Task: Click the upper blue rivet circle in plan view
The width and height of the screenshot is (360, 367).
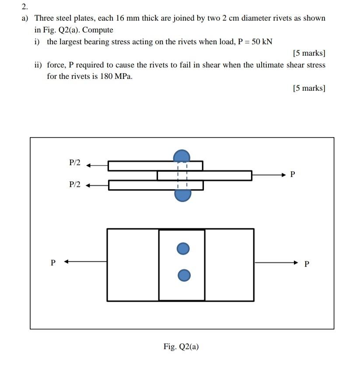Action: coord(183,249)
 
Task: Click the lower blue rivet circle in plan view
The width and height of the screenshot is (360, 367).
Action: coord(184,275)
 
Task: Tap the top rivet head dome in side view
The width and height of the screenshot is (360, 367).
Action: coord(182,156)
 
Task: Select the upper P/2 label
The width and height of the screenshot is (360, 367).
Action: coord(75,162)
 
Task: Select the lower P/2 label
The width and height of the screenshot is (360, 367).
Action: coord(75,184)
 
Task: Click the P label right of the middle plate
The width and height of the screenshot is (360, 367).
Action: coord(293,175)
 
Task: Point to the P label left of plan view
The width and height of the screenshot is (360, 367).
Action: coord(53,263)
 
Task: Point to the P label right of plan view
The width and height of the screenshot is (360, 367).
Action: coord(306,264)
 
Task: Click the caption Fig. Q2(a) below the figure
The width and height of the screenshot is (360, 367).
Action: coord(181,346)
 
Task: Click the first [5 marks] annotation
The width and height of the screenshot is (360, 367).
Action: coord(309,53)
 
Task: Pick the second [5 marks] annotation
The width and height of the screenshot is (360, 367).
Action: coord(309,88)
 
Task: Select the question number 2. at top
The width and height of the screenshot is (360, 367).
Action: coord(24,7)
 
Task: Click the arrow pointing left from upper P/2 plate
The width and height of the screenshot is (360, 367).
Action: coord(97,166)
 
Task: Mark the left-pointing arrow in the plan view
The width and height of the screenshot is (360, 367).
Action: coord(85,262)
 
